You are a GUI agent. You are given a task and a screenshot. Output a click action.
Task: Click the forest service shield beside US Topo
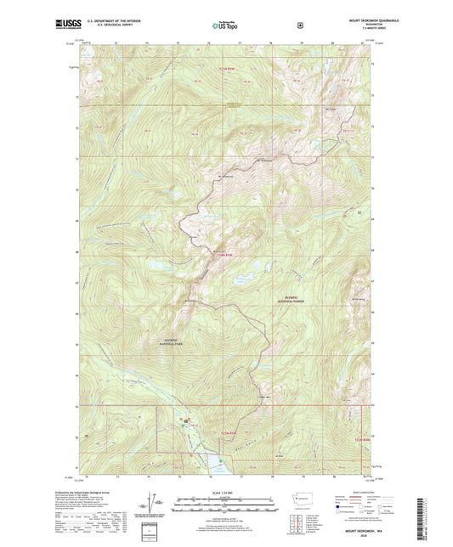(300, 25)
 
